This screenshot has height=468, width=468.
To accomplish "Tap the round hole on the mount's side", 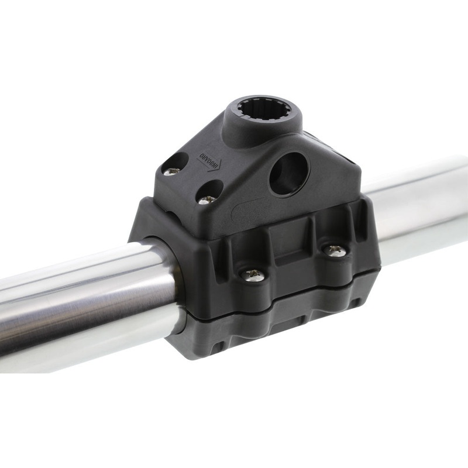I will tap(288, 174).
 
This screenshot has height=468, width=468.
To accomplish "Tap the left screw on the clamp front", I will tap(253, 274).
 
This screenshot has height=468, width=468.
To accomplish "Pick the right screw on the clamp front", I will tap(336, 250).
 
